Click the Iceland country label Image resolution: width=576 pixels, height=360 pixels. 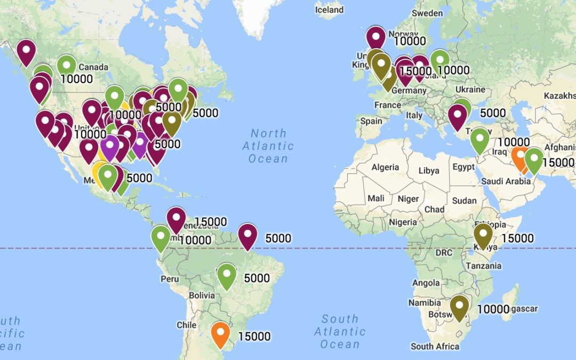pos(329,10)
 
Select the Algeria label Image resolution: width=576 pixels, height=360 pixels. pos(385,167)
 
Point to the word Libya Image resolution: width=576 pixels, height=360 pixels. pos(429,171)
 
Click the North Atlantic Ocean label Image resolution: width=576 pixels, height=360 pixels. pos(268,146)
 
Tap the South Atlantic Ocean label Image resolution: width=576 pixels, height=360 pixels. pos(340,331)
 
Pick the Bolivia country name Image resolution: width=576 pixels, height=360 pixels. pos(202,295)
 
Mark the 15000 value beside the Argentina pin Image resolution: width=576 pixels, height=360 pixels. pos(254,337)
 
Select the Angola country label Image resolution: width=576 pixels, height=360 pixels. pos(426,283)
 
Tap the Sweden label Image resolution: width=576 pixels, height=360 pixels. pos(427,13)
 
